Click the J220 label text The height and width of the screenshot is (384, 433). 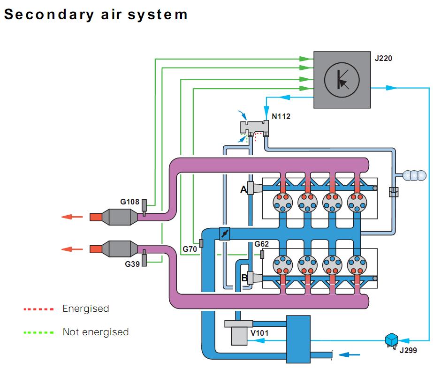tap(383, 59)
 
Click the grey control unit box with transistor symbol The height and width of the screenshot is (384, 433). tap(342, 79)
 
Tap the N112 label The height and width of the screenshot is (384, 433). tap(281, 116)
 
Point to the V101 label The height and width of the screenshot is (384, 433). tap(260, 333)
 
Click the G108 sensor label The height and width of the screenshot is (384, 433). tap(129, 202)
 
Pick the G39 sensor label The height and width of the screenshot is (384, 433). tap(132, 264)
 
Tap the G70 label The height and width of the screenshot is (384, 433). tap(190, 249)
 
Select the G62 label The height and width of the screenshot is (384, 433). tap(262, 244)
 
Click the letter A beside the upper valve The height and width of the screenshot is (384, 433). tap(243, 189)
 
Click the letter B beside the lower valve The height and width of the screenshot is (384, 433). tap(244, 278)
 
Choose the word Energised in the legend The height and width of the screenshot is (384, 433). tap(86, 309)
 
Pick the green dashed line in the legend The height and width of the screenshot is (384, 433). tap(38, 332)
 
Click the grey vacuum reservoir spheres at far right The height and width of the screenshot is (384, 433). tap(414, 175)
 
